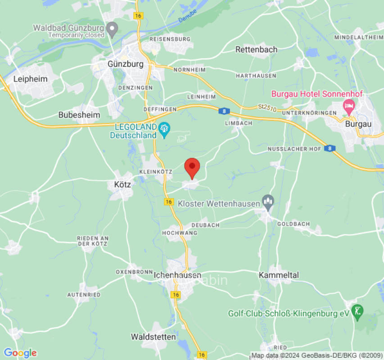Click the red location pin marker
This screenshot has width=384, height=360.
[x=193, y=167]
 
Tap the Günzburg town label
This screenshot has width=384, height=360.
[x=126, y=64]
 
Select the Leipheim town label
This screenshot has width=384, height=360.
[x=31, y=79]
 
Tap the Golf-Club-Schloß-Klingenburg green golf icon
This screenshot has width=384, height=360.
[x=358, y=311]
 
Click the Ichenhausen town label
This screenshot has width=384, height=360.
[x=177, y=275]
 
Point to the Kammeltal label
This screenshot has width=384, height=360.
[x=279, y=274]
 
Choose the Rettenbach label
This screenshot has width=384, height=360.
[x=257, y=49]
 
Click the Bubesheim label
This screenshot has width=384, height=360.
[x=79, y=115]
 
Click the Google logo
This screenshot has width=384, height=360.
[x=20, y=353]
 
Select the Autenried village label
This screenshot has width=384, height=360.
[x=84, y=294]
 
